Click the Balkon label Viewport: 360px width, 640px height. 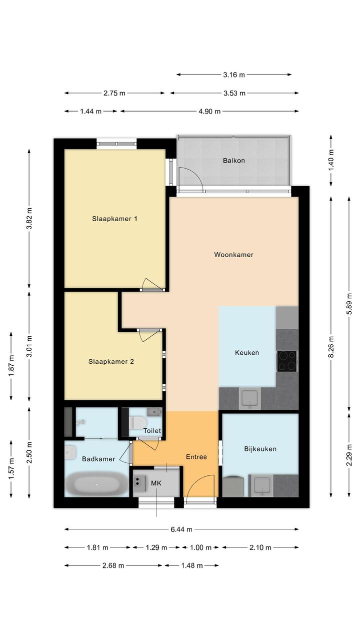pos(233,161)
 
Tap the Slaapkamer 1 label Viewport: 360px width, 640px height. pos(114,219)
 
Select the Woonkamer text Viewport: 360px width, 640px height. pos(233,255)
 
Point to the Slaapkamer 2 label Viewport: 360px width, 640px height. pos(111,361)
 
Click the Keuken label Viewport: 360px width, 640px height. pos(247,353)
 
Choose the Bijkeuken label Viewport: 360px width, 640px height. pos(260,449)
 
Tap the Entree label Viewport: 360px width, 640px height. pos(196,457)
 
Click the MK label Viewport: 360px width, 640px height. pos(156,483)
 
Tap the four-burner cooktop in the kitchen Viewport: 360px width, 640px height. pos(286,361)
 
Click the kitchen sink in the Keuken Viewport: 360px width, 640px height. pos(249,398)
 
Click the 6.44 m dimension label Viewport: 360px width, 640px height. pos(181,529)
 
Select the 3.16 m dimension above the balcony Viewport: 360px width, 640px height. pos(234,75)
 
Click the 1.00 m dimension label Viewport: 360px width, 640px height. pos(200,547)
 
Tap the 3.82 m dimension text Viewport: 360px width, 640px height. pos(29,219)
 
